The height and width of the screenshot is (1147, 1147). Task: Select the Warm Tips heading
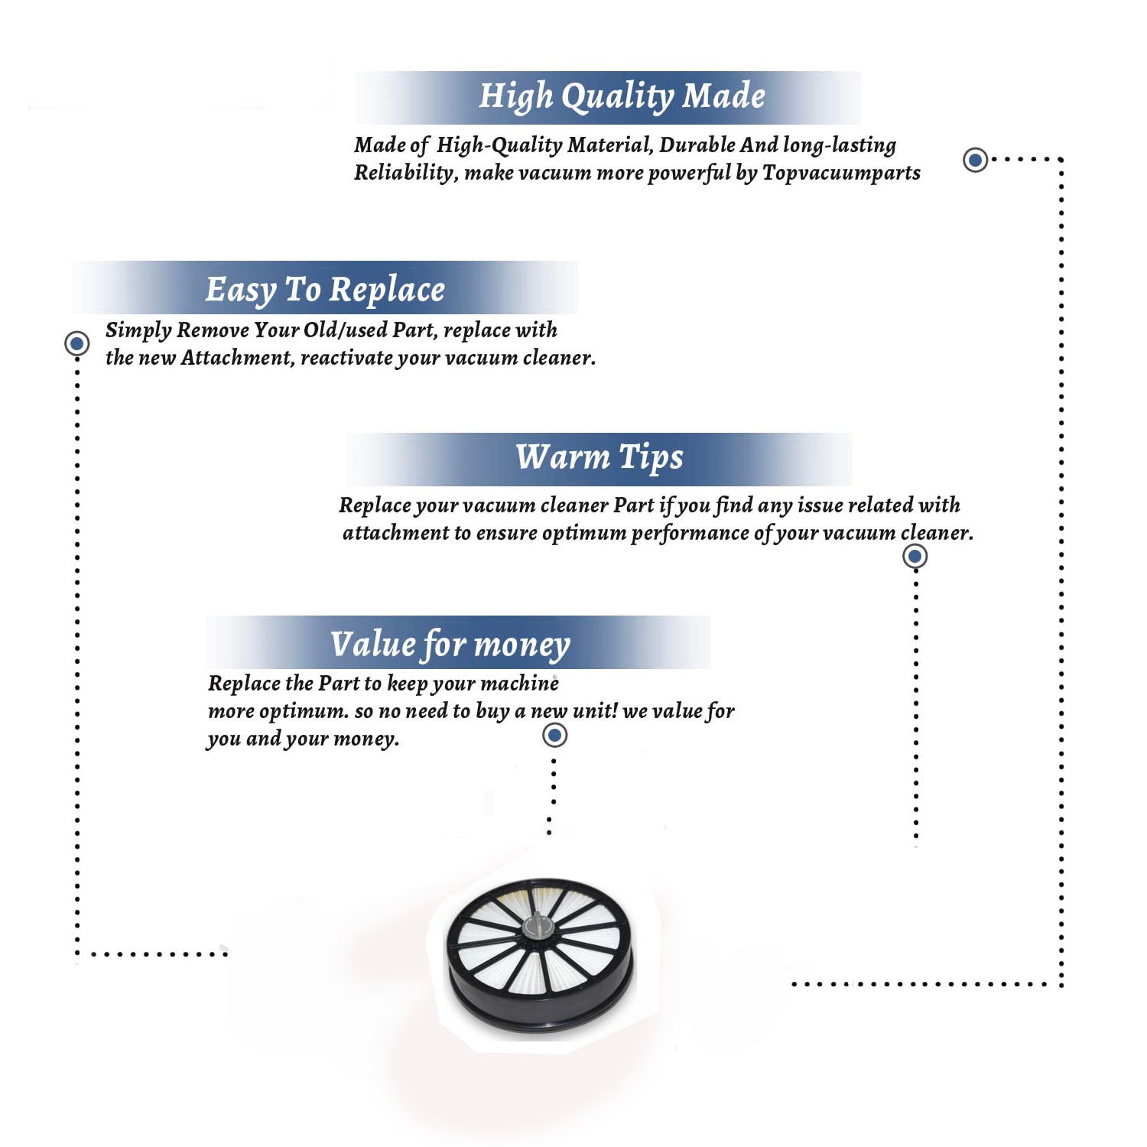tap(599, 458)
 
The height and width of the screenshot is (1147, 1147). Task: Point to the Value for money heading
tap(450, 645)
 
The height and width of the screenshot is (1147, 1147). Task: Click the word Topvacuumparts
tap(841, 174)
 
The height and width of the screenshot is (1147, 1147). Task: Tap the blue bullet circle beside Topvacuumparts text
tap(975, 160)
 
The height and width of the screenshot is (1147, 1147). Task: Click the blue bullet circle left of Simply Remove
tap(76, 343)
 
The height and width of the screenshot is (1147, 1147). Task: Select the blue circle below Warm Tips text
tap(915, 556)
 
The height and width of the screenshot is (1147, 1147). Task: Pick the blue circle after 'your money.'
tap(554, 736)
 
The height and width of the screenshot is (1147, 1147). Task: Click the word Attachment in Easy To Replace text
tap(237, 358)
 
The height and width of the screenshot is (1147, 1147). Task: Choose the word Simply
tap(138, 331)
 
